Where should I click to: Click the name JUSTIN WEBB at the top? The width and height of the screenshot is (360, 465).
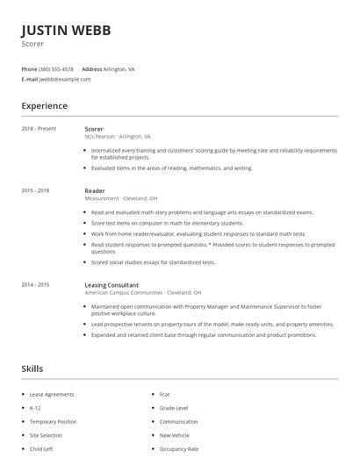(x=66, y=30)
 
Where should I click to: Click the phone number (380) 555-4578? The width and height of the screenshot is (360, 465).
(x=57, y=68)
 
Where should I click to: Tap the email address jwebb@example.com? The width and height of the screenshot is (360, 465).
(x=65, y=79)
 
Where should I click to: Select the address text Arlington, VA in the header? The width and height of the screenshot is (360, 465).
(x=119, y=68)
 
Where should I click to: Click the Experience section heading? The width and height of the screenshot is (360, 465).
(x=44, y=106)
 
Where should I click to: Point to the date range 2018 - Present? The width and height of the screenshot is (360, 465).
(x=39, y=129)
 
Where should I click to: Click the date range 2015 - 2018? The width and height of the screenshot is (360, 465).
(x=35, y=190)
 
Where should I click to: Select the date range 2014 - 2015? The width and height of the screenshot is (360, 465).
(x=35, y=285)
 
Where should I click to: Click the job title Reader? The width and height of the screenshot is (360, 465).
(x=94, y=190)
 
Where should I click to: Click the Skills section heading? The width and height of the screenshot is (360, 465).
(x=32, y=368)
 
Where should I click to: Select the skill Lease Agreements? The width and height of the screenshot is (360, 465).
(x=52, y=395)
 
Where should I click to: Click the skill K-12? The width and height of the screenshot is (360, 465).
(x=36, y=408)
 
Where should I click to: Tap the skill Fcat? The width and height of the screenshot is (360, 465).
(x=165, y=395)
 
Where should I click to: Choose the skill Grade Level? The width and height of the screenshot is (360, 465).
(x=174, y=408)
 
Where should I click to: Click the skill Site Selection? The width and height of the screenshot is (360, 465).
(x=47, y=435)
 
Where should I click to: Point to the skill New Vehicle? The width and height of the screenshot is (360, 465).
(x=175, y=435)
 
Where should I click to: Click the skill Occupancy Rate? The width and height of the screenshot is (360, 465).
(x=179, y=449)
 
